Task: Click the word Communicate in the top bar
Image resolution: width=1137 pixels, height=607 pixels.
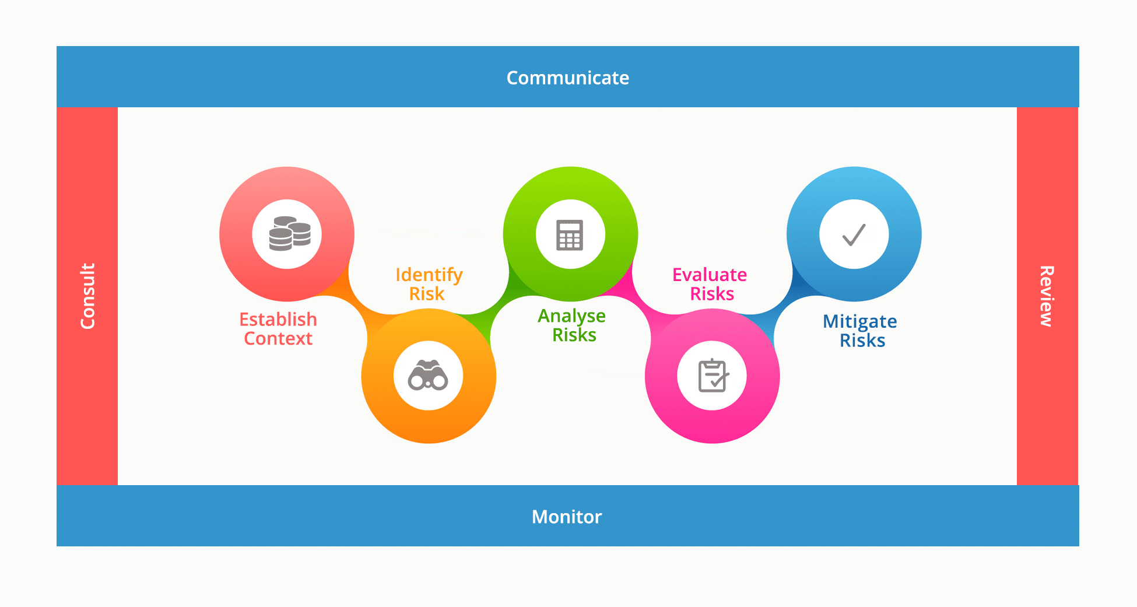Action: pos(567,78)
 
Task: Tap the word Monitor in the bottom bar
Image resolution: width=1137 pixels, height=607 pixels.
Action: pos(567,517)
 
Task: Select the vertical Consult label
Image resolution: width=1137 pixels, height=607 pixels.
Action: pos(87,296)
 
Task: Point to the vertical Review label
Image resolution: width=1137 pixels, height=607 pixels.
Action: pos(1047,296)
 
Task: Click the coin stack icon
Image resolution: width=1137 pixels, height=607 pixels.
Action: pos(290,234)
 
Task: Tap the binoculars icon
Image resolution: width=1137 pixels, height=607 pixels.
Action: pos(428,376)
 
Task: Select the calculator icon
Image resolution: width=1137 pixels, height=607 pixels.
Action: pos(570,235)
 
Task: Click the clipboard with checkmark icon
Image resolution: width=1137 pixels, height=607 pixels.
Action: pos(713,376)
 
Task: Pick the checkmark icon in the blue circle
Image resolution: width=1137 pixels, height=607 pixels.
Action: pos(854,234)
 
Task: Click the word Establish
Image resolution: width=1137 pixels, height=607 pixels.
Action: pos(278,320)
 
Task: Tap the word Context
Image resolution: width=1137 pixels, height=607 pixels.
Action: pos(278,339)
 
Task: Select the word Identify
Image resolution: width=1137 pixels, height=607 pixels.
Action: pos(429,275)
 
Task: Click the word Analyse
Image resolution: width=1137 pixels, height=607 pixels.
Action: pos(571,316)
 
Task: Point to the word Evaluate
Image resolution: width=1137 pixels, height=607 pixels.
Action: pos(710,275)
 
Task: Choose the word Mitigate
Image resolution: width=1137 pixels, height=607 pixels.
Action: pos(859,321)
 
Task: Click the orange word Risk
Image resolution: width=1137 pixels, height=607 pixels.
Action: pos(427,294)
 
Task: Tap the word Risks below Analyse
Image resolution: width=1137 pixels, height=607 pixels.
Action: pos(574,335)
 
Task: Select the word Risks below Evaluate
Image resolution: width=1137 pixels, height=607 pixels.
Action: pos(712,294)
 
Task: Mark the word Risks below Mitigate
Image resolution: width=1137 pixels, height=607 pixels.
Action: pos(862,341)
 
